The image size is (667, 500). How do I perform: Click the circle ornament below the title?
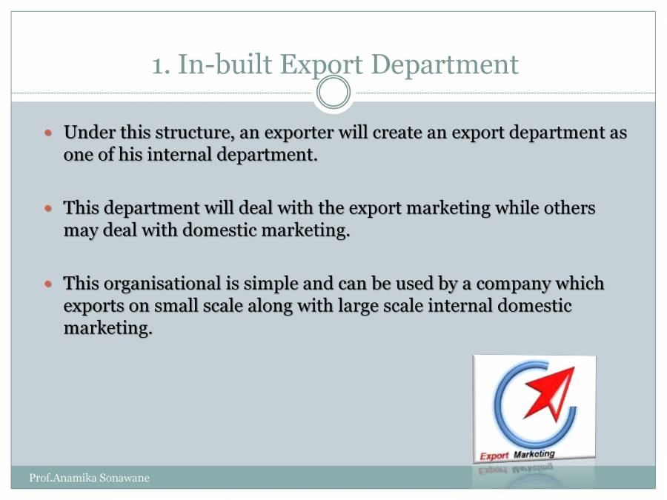coord(333,93)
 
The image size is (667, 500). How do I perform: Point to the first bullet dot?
coord(50,134)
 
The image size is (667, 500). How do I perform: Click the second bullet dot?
coord(50,209)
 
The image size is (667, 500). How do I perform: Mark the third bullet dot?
coord(50,284)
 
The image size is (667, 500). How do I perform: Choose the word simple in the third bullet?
coord(282,284)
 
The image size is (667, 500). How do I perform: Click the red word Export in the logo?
coord(494,456)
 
